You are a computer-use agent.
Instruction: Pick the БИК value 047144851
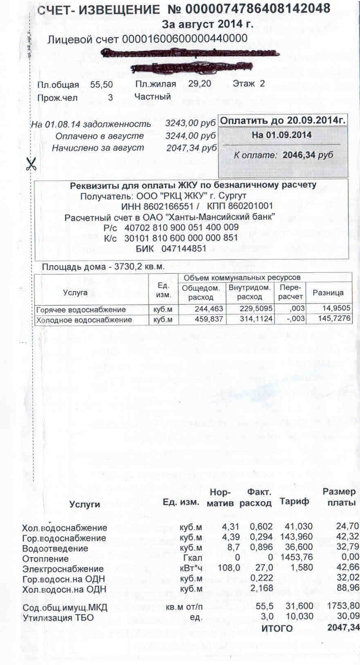[184, 249]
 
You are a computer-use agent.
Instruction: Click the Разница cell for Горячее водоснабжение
[333, 309]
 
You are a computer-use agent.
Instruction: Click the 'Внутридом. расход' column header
[249, 293]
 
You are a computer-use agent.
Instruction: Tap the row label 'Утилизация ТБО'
[58, 618]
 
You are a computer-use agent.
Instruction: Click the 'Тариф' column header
[294, 501]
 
